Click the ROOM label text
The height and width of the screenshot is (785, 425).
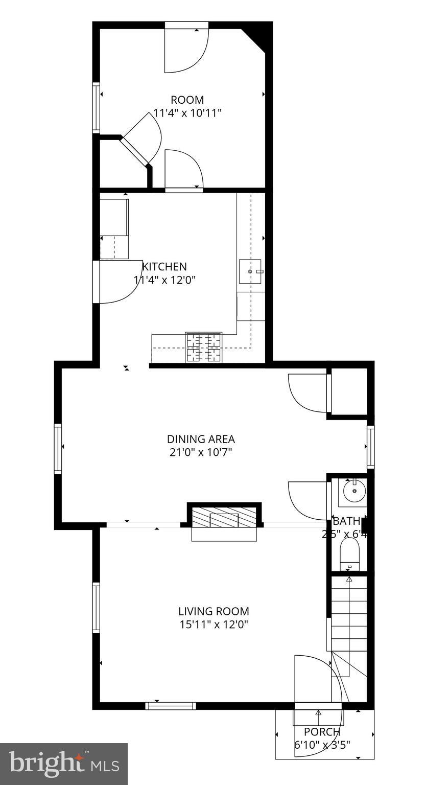(187, 100)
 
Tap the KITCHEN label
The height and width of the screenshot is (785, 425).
(164, 266)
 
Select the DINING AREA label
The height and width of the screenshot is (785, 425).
(201, 438)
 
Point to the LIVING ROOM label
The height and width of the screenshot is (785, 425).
(214, 611)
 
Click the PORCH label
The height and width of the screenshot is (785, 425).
(322, 732)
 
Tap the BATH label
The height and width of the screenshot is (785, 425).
(347, 521)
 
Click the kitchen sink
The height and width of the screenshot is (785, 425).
(250, 271)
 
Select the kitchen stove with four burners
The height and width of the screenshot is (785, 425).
(203, 347)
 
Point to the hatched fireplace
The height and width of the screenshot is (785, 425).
(224, 517)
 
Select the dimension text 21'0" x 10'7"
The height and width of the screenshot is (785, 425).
(201, 452)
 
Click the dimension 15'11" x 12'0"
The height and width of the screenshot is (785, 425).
(214, 625)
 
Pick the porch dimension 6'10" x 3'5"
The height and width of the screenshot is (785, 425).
(322, 745)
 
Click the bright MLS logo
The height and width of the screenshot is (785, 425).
(64, 764)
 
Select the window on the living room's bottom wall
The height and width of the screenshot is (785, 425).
(171, 706)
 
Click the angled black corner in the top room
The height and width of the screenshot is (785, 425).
(257, 36)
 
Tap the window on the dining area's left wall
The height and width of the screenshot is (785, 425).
(58, 449)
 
